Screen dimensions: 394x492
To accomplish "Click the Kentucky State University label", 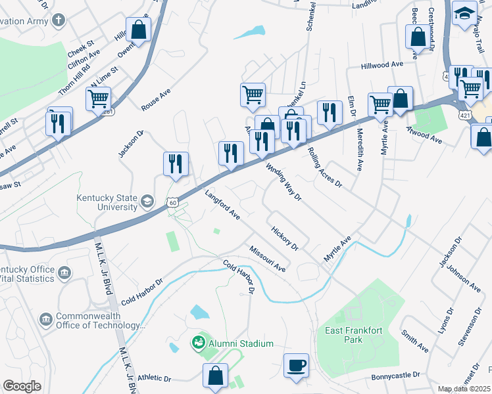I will click(x=107, y=202).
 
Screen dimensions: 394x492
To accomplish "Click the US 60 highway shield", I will click(x=172, y=203).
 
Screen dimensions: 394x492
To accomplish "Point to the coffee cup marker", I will click(x=296, y=364).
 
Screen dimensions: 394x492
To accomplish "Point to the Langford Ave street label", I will click(x=222, y=204).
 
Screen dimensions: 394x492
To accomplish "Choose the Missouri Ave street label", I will click(x=267, y=259).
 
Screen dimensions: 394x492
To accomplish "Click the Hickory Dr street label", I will click(x=285, y=238).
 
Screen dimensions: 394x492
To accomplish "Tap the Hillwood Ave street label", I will click(x=381, y=66).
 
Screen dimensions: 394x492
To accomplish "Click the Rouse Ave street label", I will click(x=155, y=99).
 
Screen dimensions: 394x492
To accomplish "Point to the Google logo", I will click(x=22, y=385).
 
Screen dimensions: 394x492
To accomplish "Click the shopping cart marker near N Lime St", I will click(x=98, y=99).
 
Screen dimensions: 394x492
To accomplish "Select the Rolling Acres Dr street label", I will click(x=325, y=167).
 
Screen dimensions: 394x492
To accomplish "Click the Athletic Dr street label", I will click(x=154, y=379).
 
